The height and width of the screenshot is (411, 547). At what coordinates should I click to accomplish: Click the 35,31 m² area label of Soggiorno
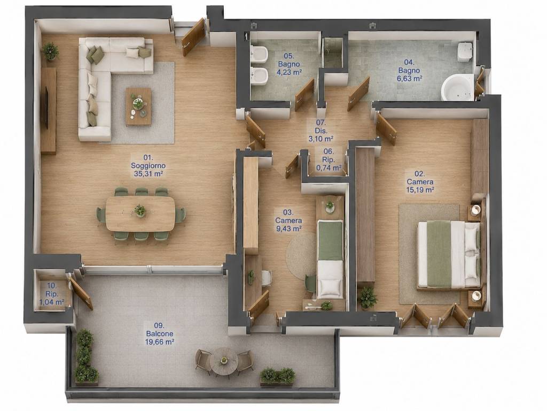(148, 174)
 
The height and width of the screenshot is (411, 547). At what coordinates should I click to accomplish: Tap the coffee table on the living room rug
(138, 106)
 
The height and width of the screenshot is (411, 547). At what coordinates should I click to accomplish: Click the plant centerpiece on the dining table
(140, 211)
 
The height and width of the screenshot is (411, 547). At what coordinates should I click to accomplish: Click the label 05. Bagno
(289, 60)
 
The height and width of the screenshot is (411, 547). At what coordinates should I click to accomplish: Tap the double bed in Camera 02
(449, 254)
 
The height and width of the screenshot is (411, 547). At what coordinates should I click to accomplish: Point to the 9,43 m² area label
(288, 229)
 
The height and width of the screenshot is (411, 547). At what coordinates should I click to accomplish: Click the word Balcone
(160, 333)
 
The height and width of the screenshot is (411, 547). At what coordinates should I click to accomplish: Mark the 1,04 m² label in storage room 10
(52, 302)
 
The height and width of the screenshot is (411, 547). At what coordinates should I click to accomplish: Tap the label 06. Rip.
(329, 156)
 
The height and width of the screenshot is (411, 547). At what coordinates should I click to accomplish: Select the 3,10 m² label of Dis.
(321, 139)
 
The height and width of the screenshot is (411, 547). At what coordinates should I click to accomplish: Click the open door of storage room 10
(81, 293)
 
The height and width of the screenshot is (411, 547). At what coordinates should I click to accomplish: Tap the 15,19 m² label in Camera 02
(420, 190)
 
